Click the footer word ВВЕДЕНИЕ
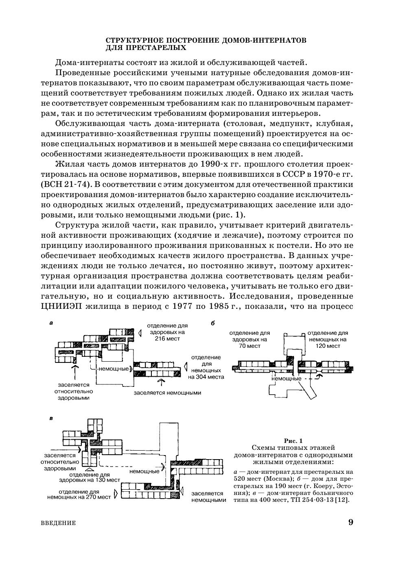click(58, 523)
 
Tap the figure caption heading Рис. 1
click(293, 441)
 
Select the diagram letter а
click(51, 323)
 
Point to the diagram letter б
click(212, 323)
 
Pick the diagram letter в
click(51, 418)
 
